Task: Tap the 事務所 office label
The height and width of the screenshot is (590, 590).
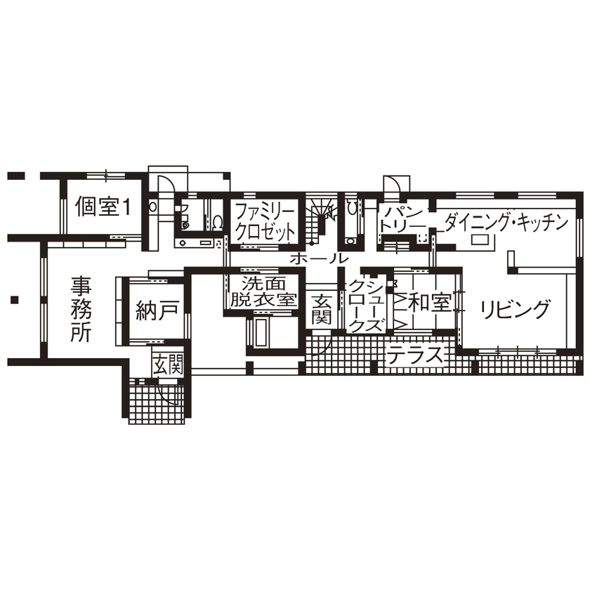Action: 81,308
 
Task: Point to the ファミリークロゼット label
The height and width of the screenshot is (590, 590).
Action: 264,221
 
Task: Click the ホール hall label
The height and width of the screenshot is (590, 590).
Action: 317,258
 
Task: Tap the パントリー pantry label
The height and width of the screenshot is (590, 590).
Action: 403,218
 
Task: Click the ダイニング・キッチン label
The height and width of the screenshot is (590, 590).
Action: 504,222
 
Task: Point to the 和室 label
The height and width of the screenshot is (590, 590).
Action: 429,303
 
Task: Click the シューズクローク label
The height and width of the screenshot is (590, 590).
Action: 367,306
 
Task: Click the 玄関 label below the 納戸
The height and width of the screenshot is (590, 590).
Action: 169,365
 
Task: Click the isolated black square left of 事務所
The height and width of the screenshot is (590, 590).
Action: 13,301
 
